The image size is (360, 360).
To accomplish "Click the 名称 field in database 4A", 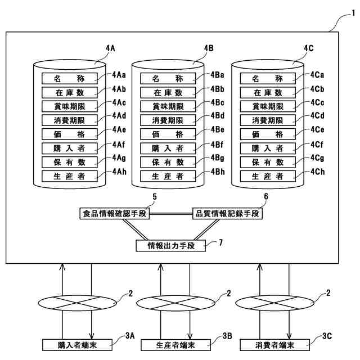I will tap(69, 78).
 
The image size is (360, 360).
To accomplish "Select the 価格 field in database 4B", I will tap(168, 134).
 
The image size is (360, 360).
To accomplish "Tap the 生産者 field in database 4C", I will tap(268, 176).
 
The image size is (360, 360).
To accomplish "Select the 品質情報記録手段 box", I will tap(227, 214).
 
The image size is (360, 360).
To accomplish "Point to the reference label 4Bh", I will tap(218, 172).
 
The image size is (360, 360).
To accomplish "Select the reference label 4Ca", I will tap(317, 74).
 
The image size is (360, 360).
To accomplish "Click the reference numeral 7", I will tap(220, 242).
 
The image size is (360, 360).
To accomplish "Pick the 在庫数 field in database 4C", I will tap(268, 92).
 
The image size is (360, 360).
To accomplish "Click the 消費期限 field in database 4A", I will tap(69, 120).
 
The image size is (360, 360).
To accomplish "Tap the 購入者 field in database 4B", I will tap(168, 148).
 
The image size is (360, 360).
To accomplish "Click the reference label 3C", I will tap(328, 336).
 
